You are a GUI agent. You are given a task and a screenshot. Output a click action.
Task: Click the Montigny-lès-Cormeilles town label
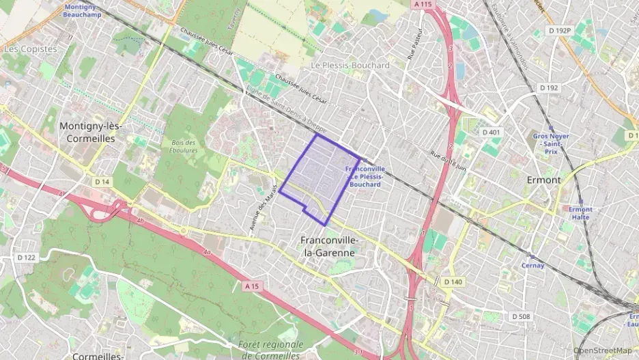(x=87, y=132)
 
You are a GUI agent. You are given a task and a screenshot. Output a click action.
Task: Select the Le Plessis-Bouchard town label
(x=350, y=66)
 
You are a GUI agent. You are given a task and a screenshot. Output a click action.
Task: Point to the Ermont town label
(x=543, y=180)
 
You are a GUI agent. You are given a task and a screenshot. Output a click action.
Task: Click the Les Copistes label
(x=30, y=49)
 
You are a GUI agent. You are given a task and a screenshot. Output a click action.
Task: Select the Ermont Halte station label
(x=580, y=213)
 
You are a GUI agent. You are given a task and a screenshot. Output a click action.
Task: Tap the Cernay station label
(x=533, y=266)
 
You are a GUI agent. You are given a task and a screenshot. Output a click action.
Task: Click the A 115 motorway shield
(x=423, y=4)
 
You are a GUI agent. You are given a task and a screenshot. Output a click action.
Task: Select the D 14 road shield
(x=102, y=181)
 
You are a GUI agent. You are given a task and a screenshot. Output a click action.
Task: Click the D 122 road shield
(x=25, y=257)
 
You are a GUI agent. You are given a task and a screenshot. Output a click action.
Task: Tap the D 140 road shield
(x=453, y=281)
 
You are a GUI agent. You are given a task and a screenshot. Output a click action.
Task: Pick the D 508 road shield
(x=521, y=316)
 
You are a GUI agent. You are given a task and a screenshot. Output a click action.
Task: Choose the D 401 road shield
(x=491, y=132)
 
